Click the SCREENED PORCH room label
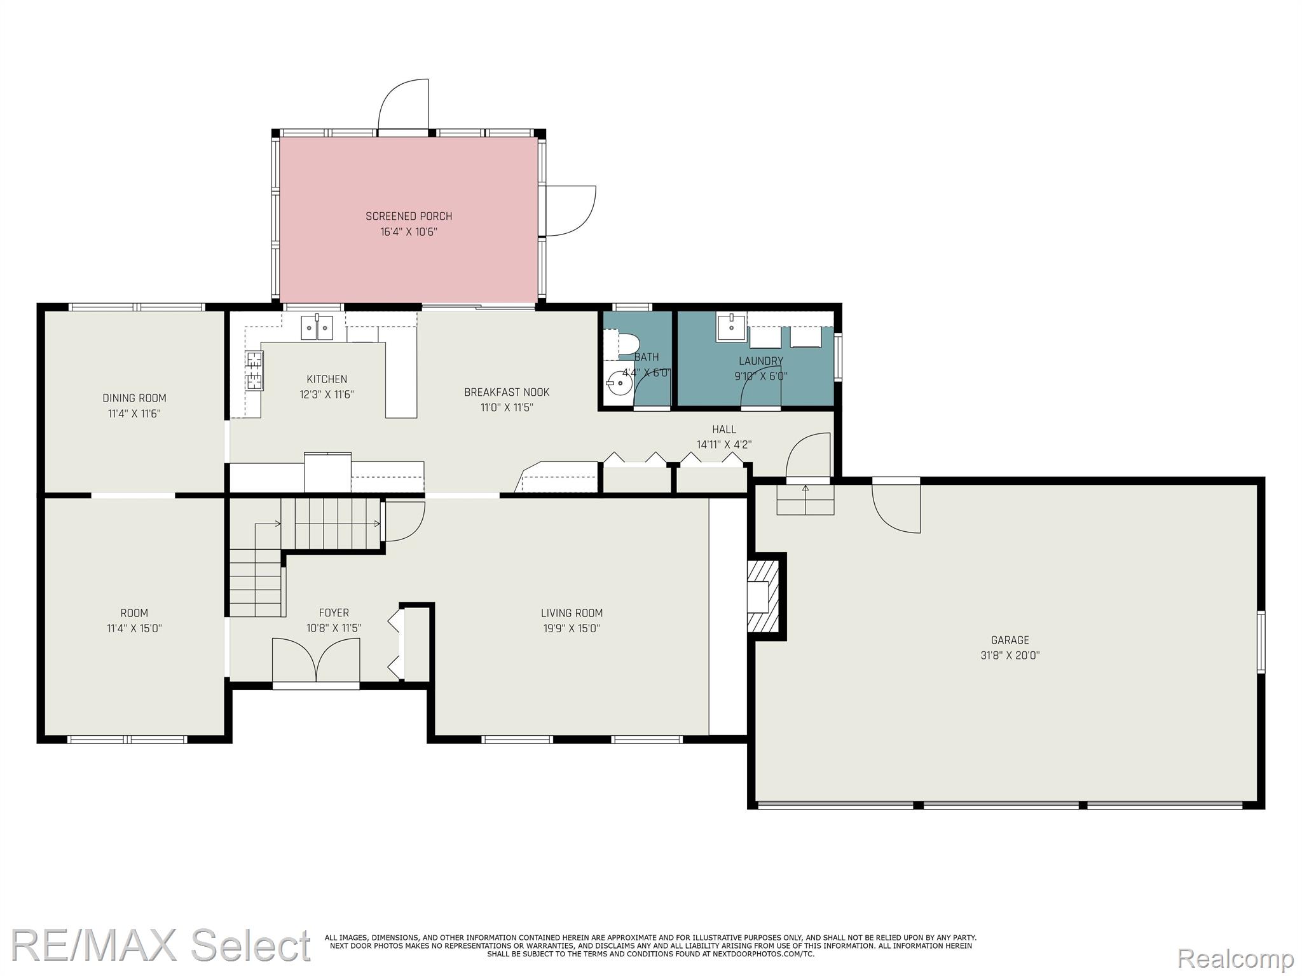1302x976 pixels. tap(409, 216)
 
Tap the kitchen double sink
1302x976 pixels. tap(317, 327)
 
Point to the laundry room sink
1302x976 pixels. tap(731, 327)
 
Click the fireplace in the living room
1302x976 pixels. tap(763, 596)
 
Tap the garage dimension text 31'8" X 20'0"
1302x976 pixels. tap(1010, 656)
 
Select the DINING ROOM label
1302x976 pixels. tap(134, 398)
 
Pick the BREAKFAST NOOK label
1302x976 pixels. tap(507, 392)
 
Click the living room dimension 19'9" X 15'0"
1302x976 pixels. tap(572, 628)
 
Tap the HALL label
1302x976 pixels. tap(724, 430)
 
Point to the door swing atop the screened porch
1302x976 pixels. tap(403, 105)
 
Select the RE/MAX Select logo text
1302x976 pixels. tap(161, 945)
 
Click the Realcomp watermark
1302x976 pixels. tap(1235, 958)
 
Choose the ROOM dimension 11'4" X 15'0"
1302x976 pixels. tap(134, 628)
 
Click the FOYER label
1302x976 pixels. tap(334, 613)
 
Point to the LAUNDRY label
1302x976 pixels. tap(761, 361)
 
